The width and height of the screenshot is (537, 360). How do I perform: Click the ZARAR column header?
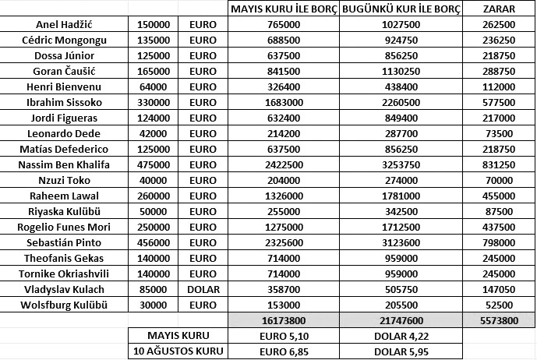tap(497, 9)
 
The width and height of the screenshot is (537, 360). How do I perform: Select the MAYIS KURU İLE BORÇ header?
tap(284, 9)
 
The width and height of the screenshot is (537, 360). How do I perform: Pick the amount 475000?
tap(154, 164)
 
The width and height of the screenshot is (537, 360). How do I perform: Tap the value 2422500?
tap(284, 164)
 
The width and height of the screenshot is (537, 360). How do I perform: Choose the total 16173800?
tap(284, 320)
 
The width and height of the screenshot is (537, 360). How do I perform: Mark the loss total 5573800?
tap(497, 320)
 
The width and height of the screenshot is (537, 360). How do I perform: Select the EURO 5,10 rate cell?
tap(284, 336)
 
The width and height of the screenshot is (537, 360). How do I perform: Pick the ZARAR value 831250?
tap(497, 164)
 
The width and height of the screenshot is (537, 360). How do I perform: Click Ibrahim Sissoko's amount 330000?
tap(154, 102)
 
